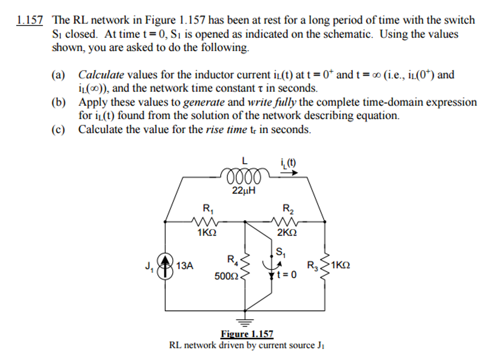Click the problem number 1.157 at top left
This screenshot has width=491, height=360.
tap(30, 21)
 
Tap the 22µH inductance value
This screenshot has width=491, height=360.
tap(244, 191)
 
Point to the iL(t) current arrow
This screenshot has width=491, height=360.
tap(288, 173)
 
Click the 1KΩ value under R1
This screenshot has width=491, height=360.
tap(207, 233)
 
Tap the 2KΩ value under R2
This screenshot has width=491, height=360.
tap(287, 233)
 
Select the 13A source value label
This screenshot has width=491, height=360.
tap(185, 266)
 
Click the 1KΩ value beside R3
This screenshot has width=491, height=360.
tap(340, 265)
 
